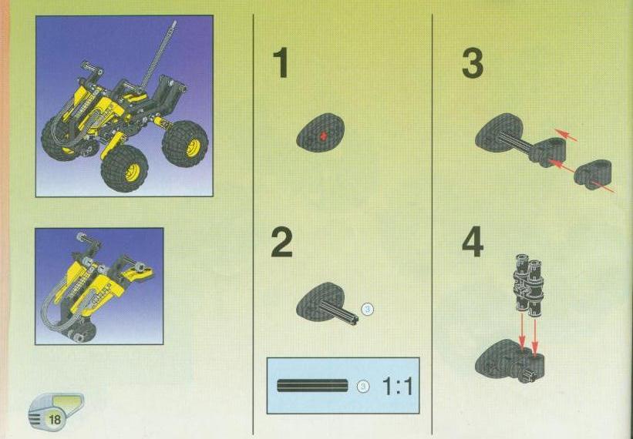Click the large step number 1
click(281, 62)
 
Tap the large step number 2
click(281, 242)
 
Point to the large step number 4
click(473, 242)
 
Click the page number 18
click(54, 420)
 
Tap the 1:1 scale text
click(398, 387)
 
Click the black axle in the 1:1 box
click(312, 386)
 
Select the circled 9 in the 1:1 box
click(364, 386)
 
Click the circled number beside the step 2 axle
click(367, 310)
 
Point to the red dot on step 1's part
click(322, 136)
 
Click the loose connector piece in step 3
click(593, 174)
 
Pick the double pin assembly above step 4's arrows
click(528, 283)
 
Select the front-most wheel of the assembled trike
click(125, 168)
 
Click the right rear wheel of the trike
click(185, 143)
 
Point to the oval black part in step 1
click(321, 132)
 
